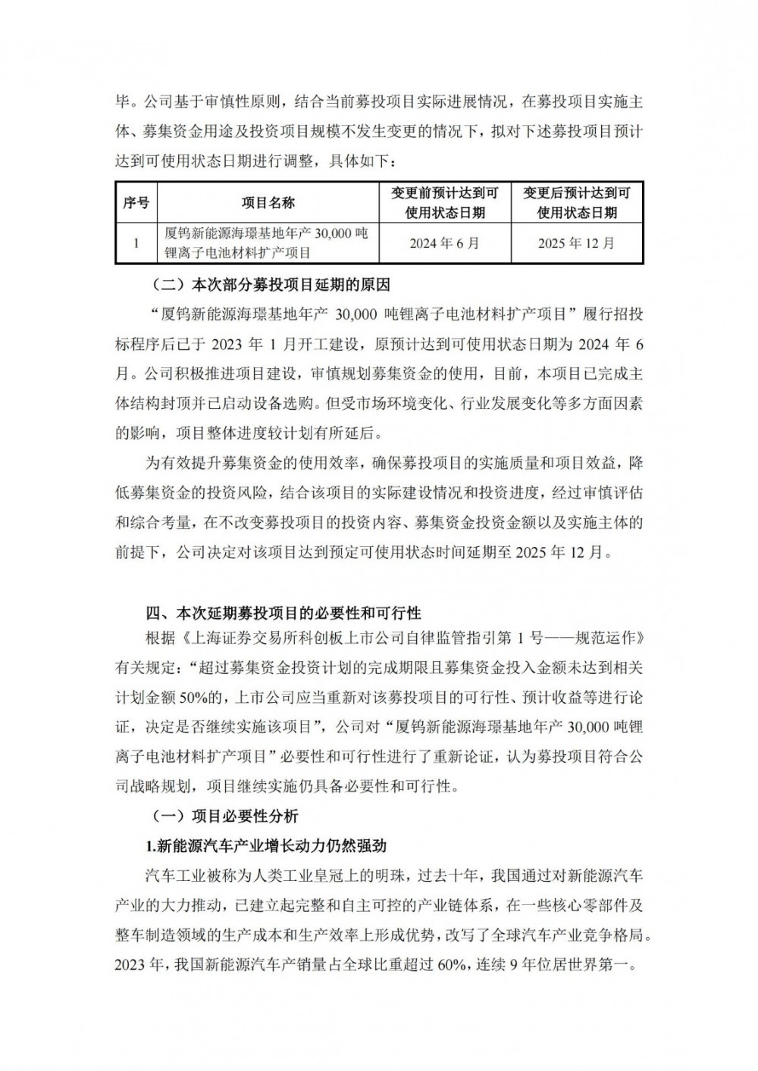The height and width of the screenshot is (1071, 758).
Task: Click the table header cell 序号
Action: coord(136,203)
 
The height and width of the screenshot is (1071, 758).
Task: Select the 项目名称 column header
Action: coord(268,203)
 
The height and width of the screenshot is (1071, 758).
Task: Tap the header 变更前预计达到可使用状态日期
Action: coord(445,203)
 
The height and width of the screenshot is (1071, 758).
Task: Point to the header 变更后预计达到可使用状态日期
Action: coord(577,203)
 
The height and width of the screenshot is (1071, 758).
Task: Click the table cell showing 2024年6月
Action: coord(445,243)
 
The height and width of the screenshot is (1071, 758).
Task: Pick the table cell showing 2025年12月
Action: coord(577,243)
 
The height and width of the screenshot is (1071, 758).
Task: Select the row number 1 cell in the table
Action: coord(136,243)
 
